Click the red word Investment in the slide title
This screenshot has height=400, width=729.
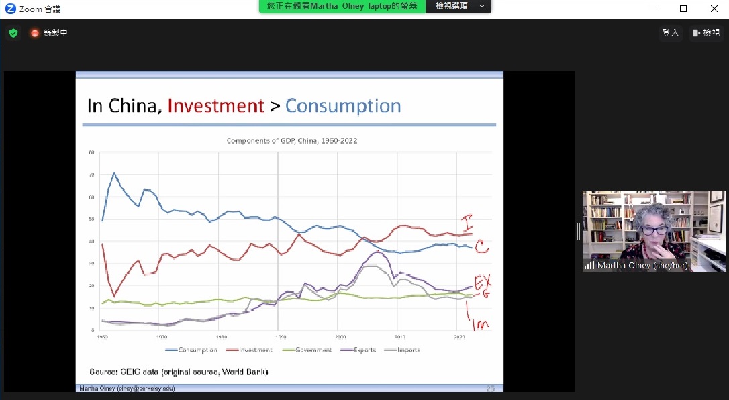(215, 106)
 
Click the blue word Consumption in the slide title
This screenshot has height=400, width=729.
(343, 106)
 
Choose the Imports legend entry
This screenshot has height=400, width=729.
(408, 350)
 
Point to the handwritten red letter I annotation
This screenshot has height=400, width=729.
(468, 222)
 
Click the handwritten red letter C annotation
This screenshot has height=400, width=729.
(481, 248)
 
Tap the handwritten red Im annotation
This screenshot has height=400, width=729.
(479, 321)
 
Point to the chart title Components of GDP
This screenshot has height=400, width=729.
(291, 141)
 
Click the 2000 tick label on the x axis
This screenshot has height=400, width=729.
(340, 336)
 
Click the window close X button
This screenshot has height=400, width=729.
(714, 9)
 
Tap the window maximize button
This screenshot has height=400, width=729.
(683, 9)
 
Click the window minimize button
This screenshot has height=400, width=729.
(652, 9)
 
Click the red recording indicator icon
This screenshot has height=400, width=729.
(35, 33)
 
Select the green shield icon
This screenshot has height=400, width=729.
(13, 33)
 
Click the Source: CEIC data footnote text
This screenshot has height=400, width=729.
(179, 372)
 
